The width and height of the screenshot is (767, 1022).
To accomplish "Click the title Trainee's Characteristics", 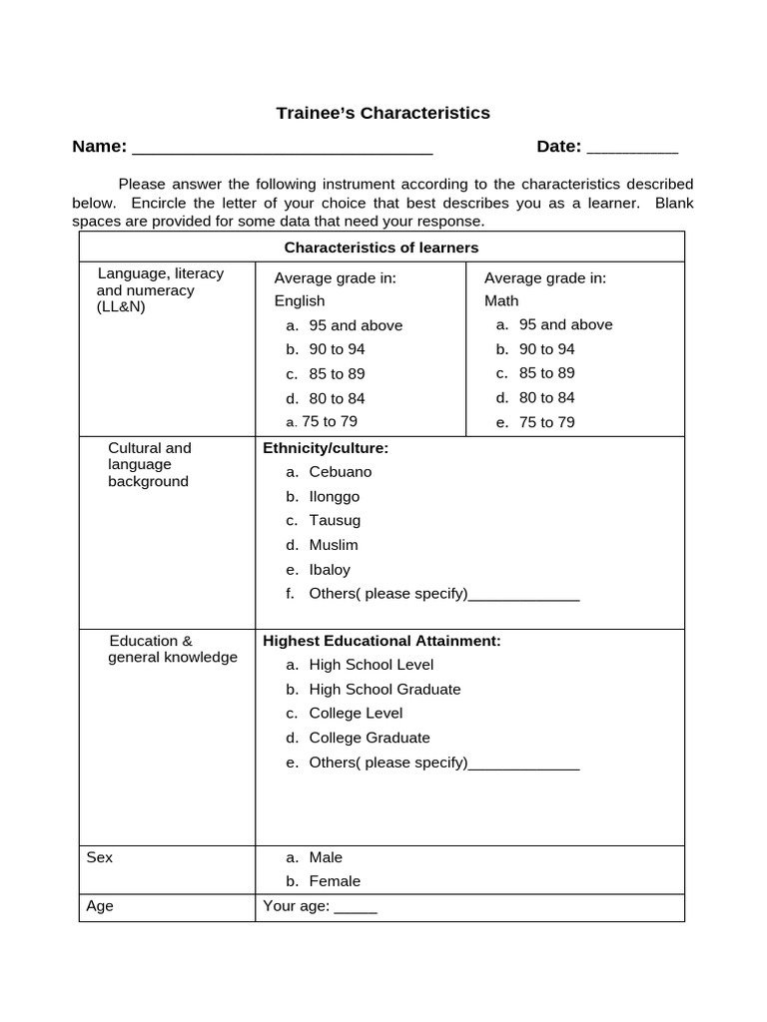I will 383,113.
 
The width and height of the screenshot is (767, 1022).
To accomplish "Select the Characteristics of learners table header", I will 382,248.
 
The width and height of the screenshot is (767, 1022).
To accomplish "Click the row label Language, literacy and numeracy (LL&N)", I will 160,289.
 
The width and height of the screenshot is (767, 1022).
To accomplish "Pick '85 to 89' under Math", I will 546,373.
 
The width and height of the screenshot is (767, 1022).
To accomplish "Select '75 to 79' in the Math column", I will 546,422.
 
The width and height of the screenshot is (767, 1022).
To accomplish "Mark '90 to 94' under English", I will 337,349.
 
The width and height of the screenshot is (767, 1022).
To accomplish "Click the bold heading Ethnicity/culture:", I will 326,448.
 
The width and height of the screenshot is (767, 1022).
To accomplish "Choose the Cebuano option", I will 340,472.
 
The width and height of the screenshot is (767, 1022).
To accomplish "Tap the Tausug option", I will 335,520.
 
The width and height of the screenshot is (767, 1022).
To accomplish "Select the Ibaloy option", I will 330,570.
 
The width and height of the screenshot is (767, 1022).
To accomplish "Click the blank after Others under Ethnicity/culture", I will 523,597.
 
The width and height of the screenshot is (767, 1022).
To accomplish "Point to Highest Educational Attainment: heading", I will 382,641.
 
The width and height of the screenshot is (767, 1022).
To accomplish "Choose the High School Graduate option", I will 384,689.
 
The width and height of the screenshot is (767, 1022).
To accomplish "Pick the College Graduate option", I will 370,738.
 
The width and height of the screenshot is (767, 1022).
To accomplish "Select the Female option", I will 335,881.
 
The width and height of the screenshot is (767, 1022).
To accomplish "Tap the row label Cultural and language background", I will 149,464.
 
